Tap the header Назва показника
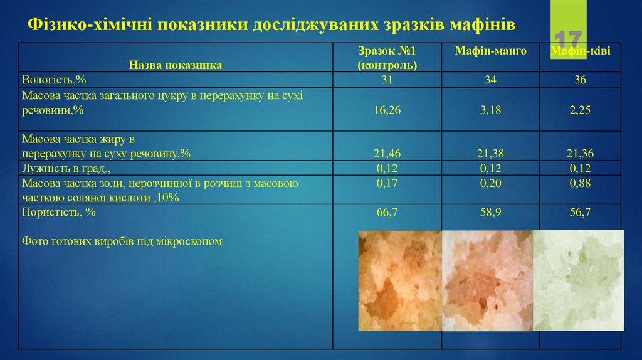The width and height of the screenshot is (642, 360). click(176, 64)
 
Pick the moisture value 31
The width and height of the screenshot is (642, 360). click(387, 80)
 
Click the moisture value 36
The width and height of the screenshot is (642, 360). click(580, 80)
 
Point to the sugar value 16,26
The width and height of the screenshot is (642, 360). click(387, 110)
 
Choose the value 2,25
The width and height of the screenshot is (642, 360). click(580, 110)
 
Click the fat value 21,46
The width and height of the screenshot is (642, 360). click(387, 153)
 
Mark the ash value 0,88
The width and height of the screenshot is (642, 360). click(580, 183)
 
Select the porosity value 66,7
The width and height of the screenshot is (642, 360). click(387, 213)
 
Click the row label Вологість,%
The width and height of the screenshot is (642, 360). click(53, 80)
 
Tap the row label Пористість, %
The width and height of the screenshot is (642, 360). click(59, 213)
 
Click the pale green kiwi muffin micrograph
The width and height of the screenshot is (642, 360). click(578, 280)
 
